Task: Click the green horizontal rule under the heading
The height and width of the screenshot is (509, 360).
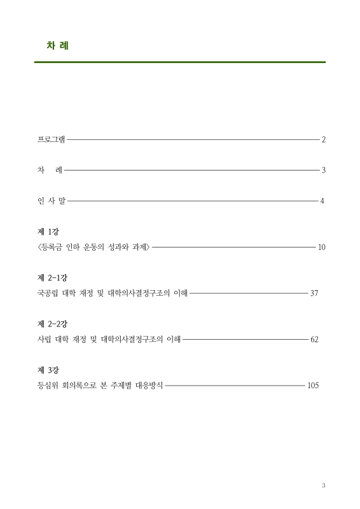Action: (x=180, y=62)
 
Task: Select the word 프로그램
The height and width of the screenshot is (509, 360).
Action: (x=52, y=139)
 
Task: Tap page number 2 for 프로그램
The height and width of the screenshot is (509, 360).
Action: (x=324, y=139)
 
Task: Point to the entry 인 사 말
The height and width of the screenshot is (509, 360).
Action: (x=52, y=201)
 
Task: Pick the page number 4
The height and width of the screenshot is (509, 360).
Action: (x=322, y=201)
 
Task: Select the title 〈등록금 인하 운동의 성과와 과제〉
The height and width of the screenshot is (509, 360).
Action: (x=93, y=246)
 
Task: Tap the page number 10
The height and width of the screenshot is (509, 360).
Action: (x=321, y=246)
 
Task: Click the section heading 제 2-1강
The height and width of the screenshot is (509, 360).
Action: (x=52, y=279)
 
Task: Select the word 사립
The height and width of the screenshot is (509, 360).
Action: (x=45, y=339)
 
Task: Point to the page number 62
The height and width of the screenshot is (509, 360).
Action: (x=314, y=339)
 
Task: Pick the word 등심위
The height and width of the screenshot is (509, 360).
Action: (x=48, y=386)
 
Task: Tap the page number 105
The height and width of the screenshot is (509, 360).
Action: (x=312, y=386)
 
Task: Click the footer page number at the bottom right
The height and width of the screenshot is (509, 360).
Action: (x=323, y=485)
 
